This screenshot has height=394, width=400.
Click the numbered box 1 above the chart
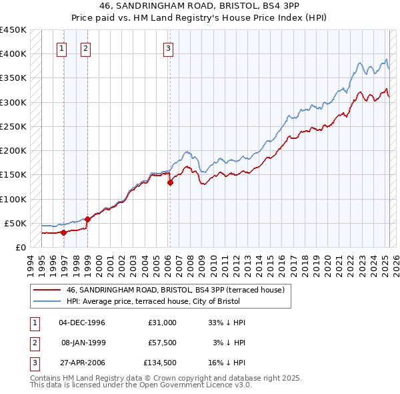pyautogui.click(x=61, y=47)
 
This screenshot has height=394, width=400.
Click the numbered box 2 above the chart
pyautogui.click(x=86, y=47)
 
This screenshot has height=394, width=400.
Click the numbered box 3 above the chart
pyautogui.click(x=169, y=47)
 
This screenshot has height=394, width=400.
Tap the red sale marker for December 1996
pyautogui.click(x=64, y=232)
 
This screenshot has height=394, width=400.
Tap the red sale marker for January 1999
pyautogui.click(x=88, y=218)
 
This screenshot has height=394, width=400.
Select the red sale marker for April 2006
pyautogui.click(x=170, y=182)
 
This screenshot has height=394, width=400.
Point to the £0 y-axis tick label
pyautogui.click(x=20, y=247)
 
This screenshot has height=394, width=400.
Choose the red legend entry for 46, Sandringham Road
pyautogui.click(x=176, y=290)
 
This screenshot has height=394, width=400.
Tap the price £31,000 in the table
pyautogui.click(x=163, y=323)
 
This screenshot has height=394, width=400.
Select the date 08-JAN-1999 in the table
pyautogui.click(x=82, y=343)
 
